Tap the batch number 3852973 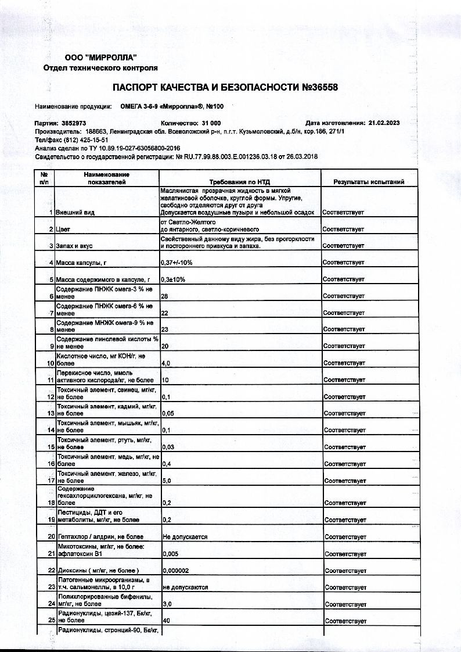pos(74,123)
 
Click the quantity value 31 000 pos(211,123)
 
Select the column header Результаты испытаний pos(369,182)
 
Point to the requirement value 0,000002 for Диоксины pos(179,571)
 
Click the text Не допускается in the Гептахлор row pos(185,537)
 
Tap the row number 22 pos(51,571)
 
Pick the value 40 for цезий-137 pos(166,621)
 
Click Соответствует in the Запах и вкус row pos(344,246)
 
